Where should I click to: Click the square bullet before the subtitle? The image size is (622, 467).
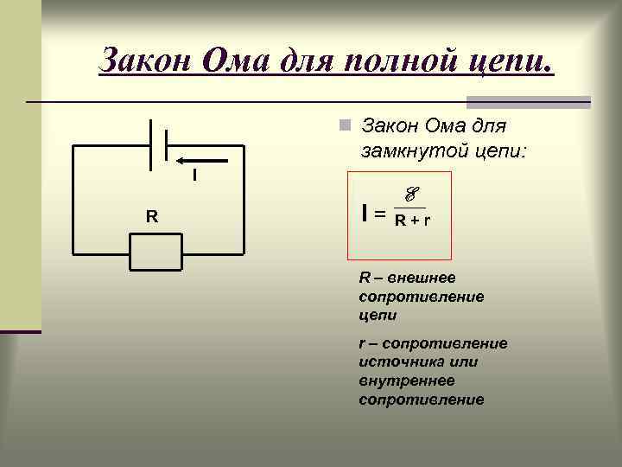(344, 126)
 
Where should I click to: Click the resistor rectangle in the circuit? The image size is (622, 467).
(155, 253)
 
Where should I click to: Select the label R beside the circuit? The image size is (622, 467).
(151, 216)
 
